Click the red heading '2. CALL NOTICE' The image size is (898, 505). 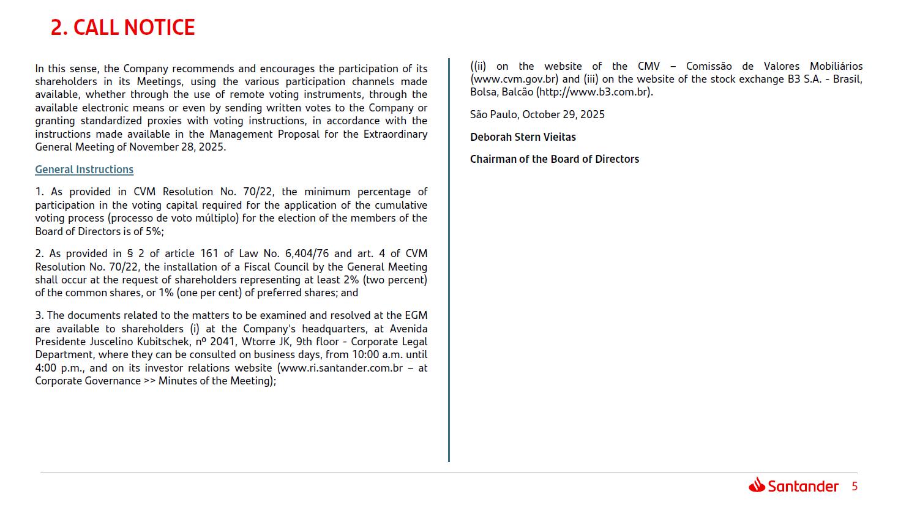(122, 28)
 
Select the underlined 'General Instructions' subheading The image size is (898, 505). (84, 170)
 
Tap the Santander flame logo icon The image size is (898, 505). (757, 485)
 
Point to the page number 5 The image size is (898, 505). (855, 487)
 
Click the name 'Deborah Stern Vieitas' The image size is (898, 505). (523, 137)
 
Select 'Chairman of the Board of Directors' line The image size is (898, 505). (554, 159)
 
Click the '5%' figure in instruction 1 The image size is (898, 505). (153, 231)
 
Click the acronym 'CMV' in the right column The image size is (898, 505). (648, 66)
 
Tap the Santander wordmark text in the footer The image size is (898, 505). (803, 487)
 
